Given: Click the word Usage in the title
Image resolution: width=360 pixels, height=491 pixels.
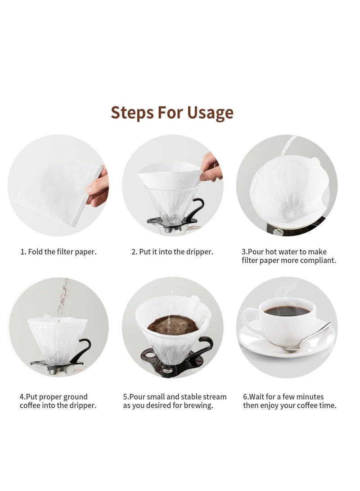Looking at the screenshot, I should (x=208, y=113).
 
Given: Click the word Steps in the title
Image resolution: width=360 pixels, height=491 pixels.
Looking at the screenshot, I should (x=131, y=113).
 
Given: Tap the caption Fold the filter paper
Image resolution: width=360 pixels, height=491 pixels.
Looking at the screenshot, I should (x=58, y=252).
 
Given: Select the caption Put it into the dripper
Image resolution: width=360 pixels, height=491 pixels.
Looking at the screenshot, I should (x=172, y=252).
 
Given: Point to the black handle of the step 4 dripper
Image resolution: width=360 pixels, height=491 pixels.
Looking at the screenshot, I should (x=83, y=349).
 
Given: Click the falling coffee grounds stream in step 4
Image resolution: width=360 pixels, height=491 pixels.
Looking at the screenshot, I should (x=63, y=297).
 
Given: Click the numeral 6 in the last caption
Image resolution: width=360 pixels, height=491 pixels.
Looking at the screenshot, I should (x=245, y=396).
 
